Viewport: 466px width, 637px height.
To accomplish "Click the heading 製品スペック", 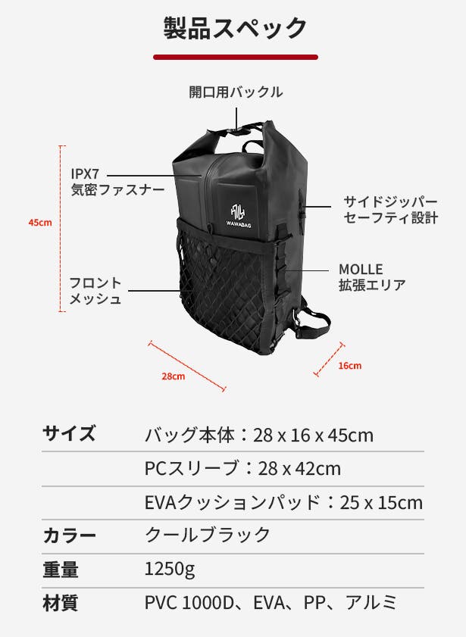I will [x=235, y=28].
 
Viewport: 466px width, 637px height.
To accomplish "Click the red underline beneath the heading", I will [x=235, y=57].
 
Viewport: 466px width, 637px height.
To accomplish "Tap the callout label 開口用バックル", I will [x=236, y=92].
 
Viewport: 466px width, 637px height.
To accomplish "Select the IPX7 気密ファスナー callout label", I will [x=117, y=182].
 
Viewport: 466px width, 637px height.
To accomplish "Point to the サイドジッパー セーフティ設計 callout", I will [x=390, y=210].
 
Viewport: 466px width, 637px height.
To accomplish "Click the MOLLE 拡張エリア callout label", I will [x=372, y=277].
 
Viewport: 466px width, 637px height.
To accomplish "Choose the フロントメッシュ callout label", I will [x=95, y=291].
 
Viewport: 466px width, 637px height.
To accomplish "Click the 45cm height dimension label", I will [x=39, y=223].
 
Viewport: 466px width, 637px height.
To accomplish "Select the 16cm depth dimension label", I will [x=349, y=365].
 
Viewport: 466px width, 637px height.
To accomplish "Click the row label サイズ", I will [x=69, y=434].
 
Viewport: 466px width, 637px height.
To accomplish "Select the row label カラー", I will [x=69, y=536].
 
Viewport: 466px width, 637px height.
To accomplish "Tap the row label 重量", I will [x=61, y=570].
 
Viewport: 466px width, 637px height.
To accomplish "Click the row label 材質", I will [x=61, y=603].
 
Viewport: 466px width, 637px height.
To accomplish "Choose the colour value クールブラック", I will [x=208, y=536].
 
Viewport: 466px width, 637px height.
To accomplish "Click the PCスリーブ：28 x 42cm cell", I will [x=242, y=468].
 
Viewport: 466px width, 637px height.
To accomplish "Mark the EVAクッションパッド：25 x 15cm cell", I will [x=283, y=502].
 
